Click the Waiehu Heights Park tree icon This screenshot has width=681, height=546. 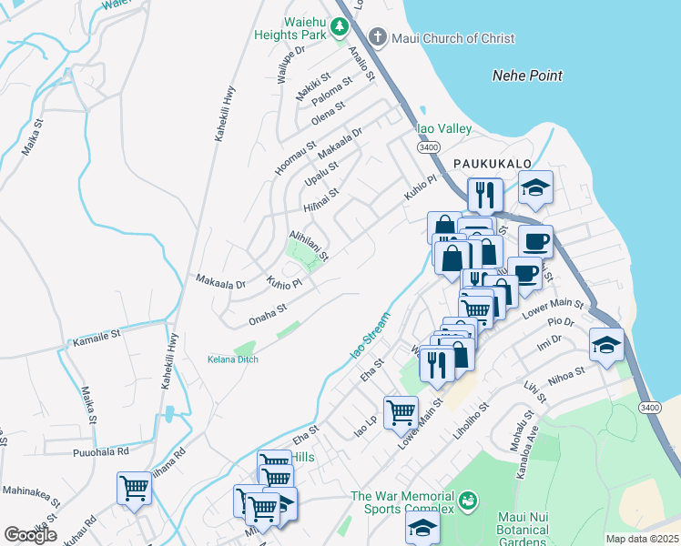pos(340,26)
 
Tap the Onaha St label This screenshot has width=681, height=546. pos(269,318)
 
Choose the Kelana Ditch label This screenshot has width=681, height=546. pos(232,359)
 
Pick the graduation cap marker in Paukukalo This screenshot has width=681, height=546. pos(536,187)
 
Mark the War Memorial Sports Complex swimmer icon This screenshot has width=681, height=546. pos(468,500)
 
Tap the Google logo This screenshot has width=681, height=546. pos(31,534)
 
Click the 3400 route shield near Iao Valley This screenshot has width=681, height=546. pos(428,147)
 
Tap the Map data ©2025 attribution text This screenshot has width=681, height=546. pos(643,539)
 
